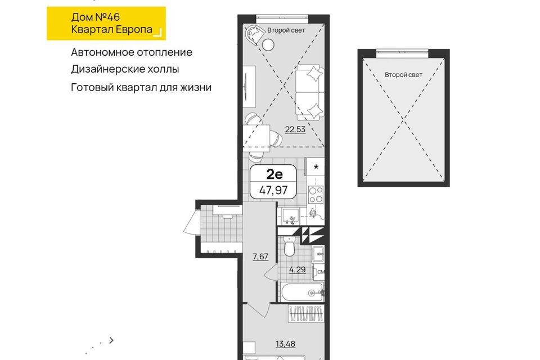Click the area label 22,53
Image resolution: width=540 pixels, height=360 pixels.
coord(295,129)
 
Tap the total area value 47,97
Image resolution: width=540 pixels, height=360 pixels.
coord(273,190)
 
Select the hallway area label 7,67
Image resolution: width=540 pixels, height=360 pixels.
coord(260,256)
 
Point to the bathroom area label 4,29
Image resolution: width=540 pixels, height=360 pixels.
coord(297,269)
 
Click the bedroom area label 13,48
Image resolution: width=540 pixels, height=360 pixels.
coord(286,344)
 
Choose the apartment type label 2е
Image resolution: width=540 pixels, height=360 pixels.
coord(274,174)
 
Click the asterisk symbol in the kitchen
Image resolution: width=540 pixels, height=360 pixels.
coord(316,168)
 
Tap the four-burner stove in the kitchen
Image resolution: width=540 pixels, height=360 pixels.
coord(316,195)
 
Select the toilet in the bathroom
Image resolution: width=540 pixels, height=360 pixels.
coord(289,247)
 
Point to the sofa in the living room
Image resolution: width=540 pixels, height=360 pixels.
coord(310,92)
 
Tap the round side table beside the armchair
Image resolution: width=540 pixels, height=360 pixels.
coord(268,45)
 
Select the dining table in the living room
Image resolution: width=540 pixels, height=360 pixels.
coord(256,138)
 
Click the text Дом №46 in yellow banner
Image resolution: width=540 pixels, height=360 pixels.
coord(96,17)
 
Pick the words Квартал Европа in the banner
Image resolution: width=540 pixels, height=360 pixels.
coord(111,29)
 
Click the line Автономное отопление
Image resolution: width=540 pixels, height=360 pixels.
coord(132,52)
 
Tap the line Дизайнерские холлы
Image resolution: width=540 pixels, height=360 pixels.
coord(125,69)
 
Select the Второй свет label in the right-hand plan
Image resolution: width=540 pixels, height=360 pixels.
coord(404,75)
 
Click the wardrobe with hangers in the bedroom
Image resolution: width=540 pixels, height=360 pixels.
coord(306,313)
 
